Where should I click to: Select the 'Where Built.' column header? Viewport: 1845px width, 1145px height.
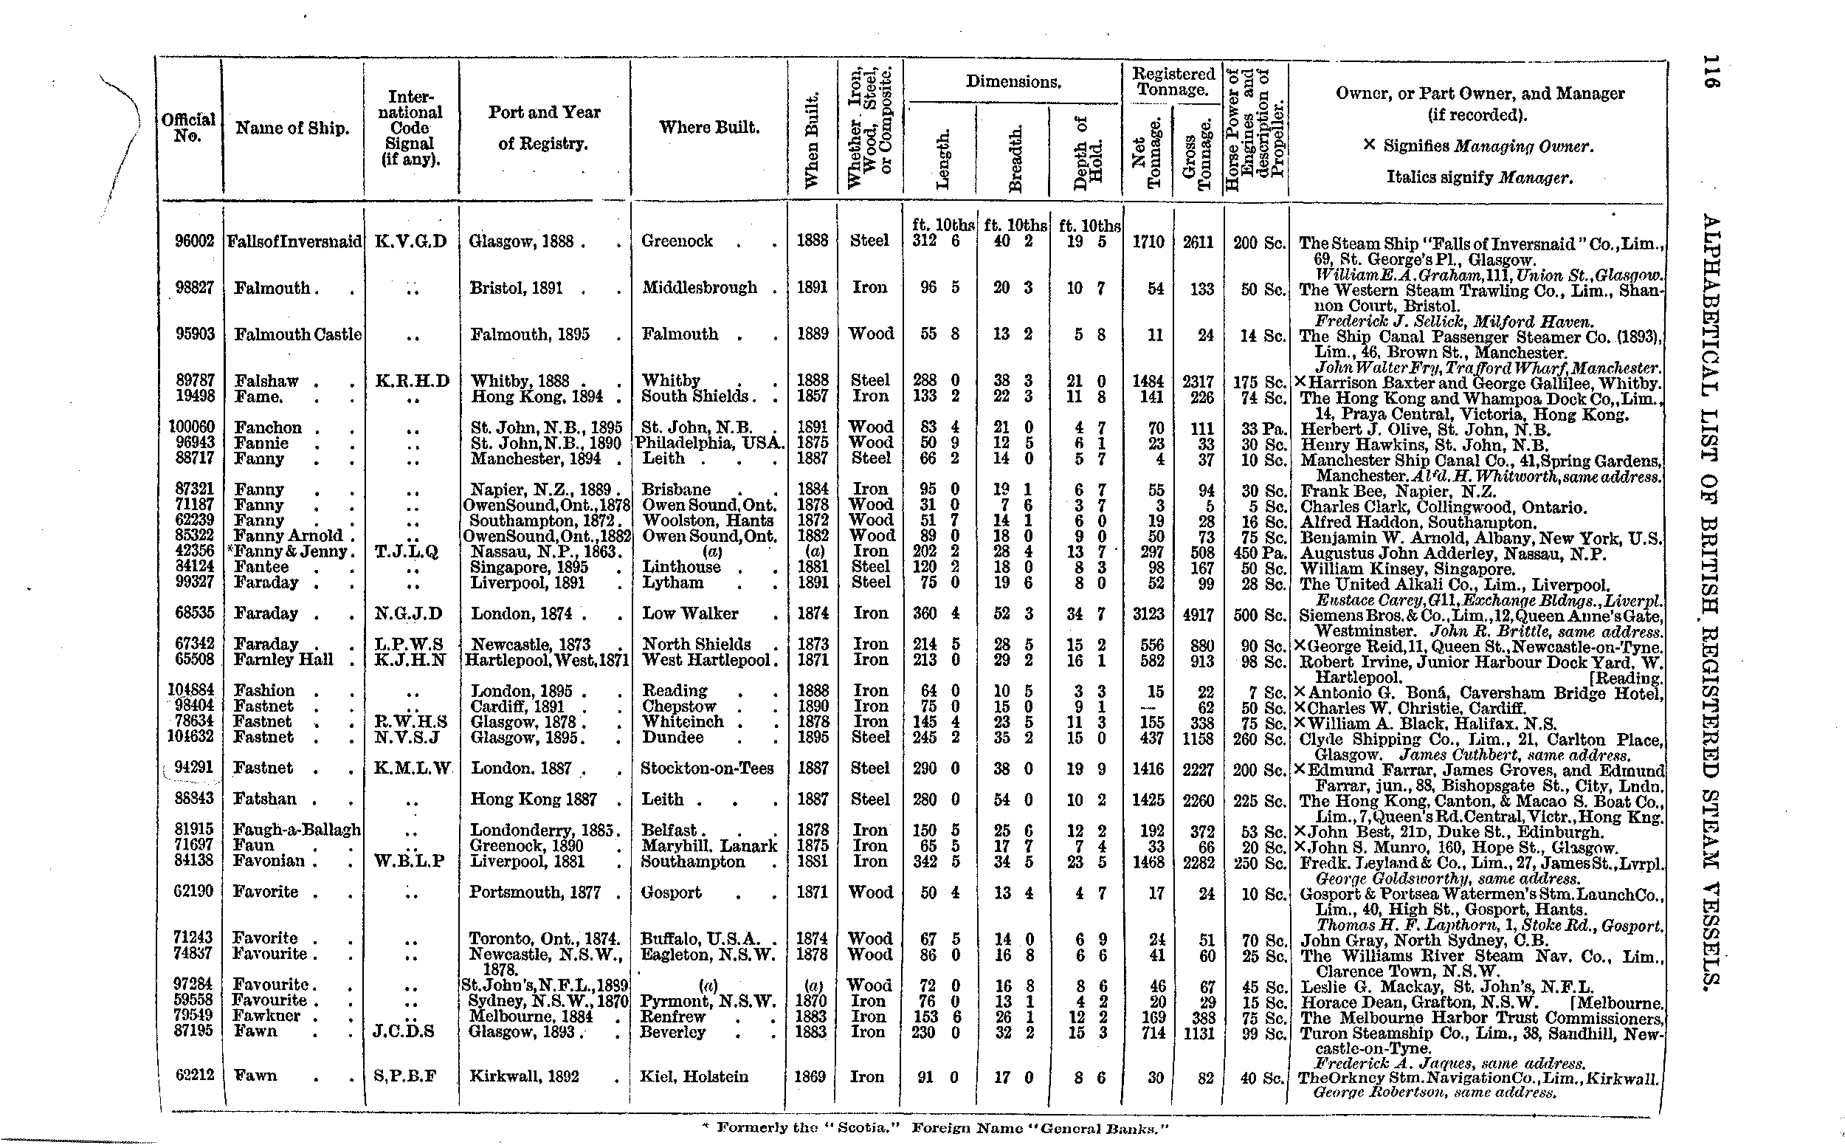click(708, 127)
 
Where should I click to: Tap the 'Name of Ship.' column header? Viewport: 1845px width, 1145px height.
click(292, 128)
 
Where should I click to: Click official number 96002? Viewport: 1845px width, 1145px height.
click(195, 241)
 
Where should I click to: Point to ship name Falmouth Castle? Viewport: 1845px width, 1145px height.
click(297, 334)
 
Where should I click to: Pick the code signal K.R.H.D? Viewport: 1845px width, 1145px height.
click(412, 380)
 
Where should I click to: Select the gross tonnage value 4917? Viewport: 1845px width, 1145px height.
click(1198, 614)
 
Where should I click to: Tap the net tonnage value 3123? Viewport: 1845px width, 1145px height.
click(1148, 614)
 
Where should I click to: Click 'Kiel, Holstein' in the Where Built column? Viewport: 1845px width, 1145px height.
click(694, 1076)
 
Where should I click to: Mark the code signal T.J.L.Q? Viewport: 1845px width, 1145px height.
click(407, 551)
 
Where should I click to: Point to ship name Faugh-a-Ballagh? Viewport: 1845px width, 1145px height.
click(296, 830)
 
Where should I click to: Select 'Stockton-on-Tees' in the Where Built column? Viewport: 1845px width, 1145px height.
click(707, 768)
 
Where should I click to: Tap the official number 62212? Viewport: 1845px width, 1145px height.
click(195, 1076)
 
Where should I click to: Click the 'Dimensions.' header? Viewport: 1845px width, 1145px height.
click(1013, 82)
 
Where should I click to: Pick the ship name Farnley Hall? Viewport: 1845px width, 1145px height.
click(283, 659)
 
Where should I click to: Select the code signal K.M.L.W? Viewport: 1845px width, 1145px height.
click(413, 768)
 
